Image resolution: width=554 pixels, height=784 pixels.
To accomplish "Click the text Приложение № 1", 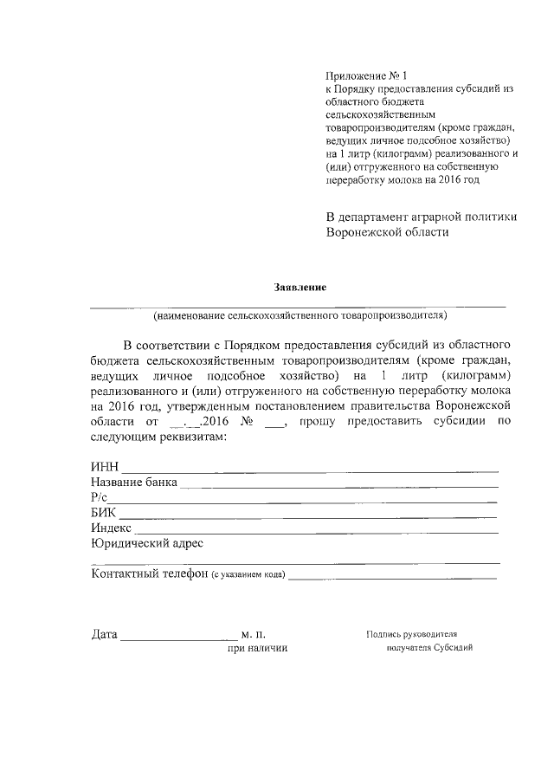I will (358, 76).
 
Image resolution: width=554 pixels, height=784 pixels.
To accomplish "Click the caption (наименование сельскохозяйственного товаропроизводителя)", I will (299, 315).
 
